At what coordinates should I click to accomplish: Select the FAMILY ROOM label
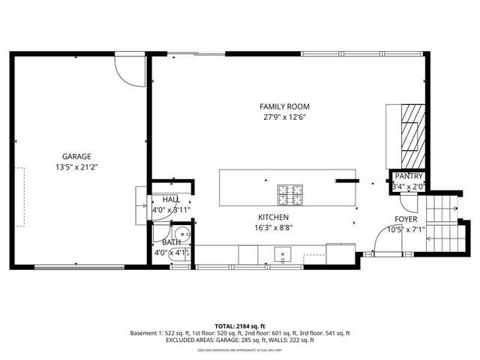coord(284,106)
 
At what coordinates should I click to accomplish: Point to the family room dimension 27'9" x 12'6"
coord(284,117)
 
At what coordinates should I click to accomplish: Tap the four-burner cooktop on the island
coord(290,194)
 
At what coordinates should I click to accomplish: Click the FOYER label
coord(406,220)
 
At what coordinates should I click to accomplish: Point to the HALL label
coord(171,199)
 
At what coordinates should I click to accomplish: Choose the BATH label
coord(171,242)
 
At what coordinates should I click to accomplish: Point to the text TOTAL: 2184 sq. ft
coord(239,326)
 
